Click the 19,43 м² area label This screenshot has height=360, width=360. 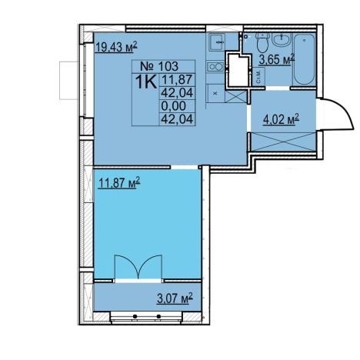116,48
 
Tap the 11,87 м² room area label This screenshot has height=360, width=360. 119,183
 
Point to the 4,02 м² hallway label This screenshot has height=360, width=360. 282,119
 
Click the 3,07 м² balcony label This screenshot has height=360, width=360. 175,298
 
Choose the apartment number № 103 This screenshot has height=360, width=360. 159,66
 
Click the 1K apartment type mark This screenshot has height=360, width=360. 146,82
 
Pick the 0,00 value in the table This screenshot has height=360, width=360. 173,105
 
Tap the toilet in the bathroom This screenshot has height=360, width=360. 262,42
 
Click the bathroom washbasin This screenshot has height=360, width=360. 282,39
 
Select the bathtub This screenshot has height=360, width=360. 304,59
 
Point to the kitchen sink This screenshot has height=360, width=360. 217,42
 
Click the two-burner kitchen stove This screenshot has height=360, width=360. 215,67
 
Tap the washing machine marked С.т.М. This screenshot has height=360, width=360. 258,76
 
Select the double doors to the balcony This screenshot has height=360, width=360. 138,267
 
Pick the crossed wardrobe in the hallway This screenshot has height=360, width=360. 283,142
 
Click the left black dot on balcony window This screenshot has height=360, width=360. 135,316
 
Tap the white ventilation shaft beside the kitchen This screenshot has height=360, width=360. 238,70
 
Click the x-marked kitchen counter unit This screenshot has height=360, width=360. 215,94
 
